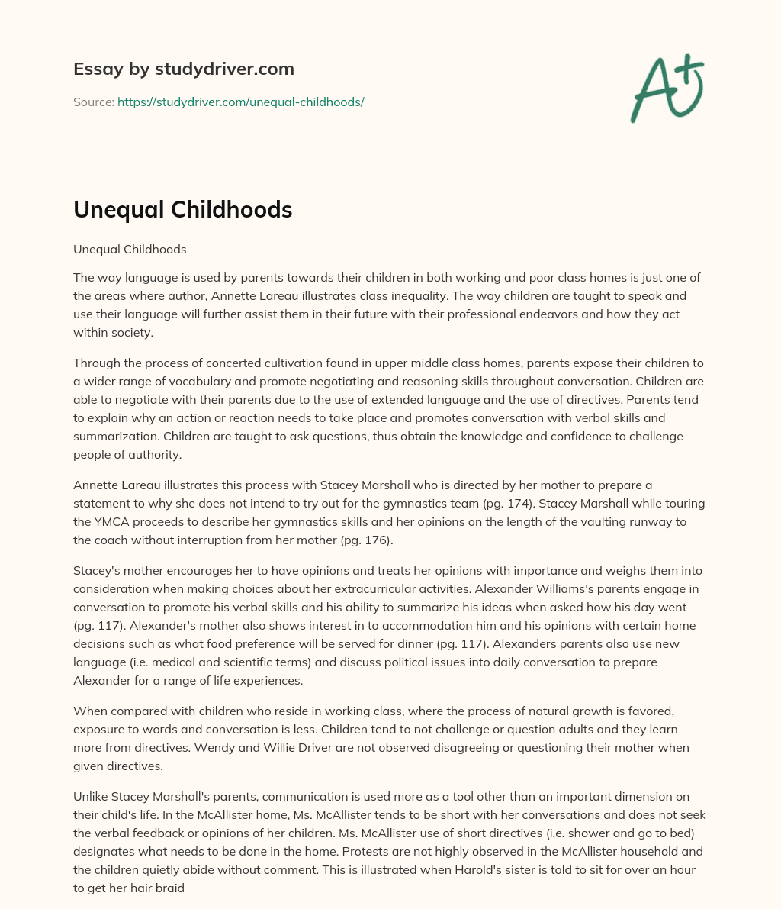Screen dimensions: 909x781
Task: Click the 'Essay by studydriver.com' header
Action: (x=183, y=69)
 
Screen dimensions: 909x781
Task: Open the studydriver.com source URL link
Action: (x=240, y=102)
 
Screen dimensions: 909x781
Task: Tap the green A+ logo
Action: (x=667, y=89)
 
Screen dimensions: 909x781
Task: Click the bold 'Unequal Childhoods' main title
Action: (x=182, y=210)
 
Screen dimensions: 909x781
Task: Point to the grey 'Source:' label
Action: (x=93, y=102)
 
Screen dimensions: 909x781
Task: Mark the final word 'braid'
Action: (x=168, y=888)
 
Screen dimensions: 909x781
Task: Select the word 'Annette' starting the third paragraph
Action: (x=95, y=485)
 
